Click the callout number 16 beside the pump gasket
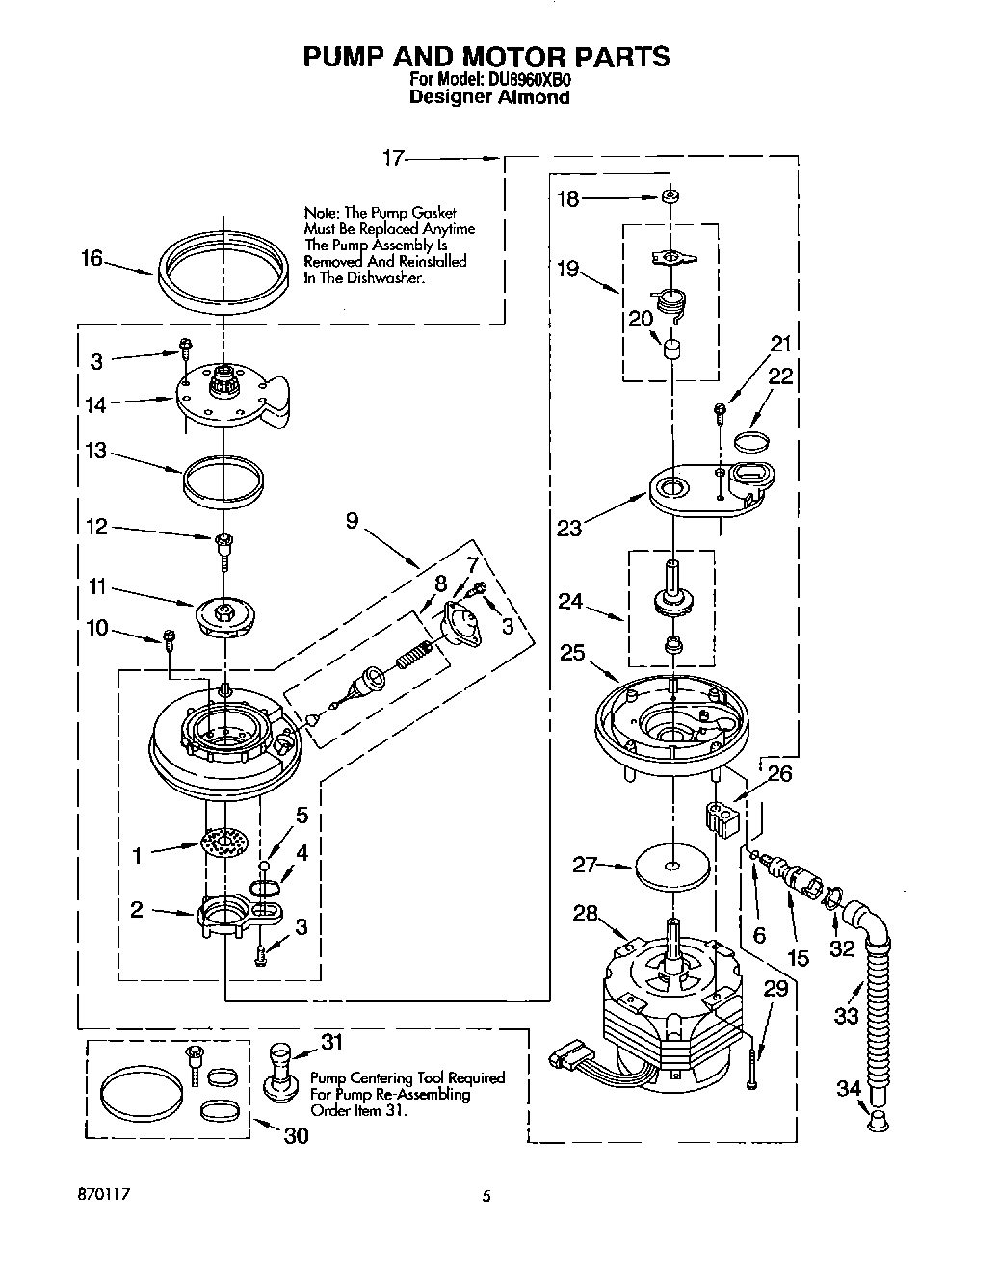[x=92, y=259]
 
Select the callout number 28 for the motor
[x=585, y=913]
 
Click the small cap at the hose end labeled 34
[x=879, y=1119]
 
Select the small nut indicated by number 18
[x=670, y=197]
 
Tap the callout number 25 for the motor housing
[x=572, y=653]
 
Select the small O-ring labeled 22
[x=751, y=442]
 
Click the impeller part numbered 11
[x=223, y=613]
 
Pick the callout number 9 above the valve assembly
[x=352, y=521]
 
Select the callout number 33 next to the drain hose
[x=846, y=1015]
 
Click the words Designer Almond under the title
[x=489, y=97]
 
